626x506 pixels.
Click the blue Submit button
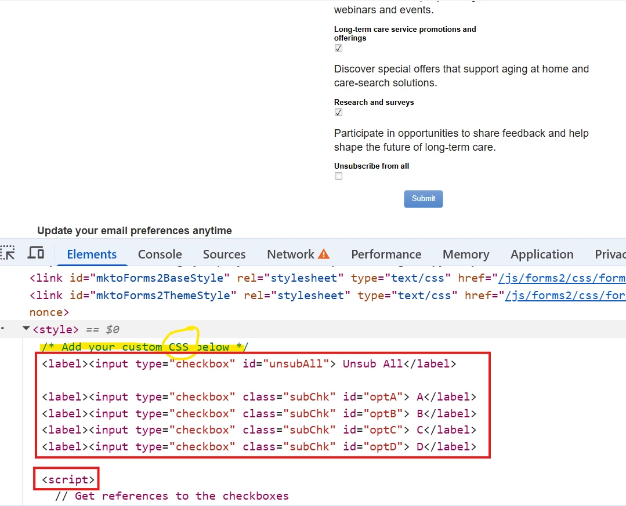pyautogui.click(x=423, y=199)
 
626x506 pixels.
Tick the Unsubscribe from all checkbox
pyautogui.click(x=339, y=176)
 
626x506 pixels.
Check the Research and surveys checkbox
pyautogui.click(x=339, y=112)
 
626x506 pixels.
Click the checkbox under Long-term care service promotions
pyautogui.click(x=339, y=48)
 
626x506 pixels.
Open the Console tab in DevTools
pyautogui.click(x=160, y=254)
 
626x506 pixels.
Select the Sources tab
pyautogui.click(x=224, y=254)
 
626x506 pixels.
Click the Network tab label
pyautogui.click(x=291, y=254)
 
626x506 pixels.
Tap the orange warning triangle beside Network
pyautogui.click(x=323, y=254)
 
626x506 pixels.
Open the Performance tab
pyautogui.click(x=386, y=254)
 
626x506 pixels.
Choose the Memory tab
pyautogui.click(x=466, y=254)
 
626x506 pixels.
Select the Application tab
pyautogui.click(x=542, y=254)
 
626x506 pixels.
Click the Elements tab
pyautogui.click(x=92, y=254)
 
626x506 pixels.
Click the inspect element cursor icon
pyautogui.click(x=8, y=253)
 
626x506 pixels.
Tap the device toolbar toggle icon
pyautogui.click(x=36, y=253)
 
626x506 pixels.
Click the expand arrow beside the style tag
pyautogui.click(x=26, y=329)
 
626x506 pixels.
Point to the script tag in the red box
pyautogui.click(x=68, y=479)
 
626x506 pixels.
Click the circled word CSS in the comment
pyautogui.click(x=179, y=347)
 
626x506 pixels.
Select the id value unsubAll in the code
pyautogui.click(x=296, y=363)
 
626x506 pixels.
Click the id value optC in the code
pyautogui.click(x=383, y=430)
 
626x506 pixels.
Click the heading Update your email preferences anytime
pyautogui.click(x=135, y=231)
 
